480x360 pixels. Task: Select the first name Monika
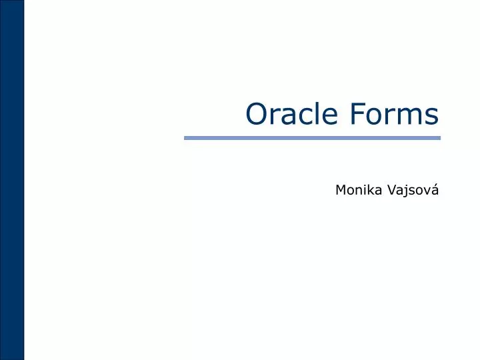pos(355,191)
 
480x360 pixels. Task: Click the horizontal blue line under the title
pos(312,138)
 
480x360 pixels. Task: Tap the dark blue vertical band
pos(11,180)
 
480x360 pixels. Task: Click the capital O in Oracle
pos(256,114)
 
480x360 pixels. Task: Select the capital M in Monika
pos(340,191)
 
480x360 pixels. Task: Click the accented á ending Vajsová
pos(436,190)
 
